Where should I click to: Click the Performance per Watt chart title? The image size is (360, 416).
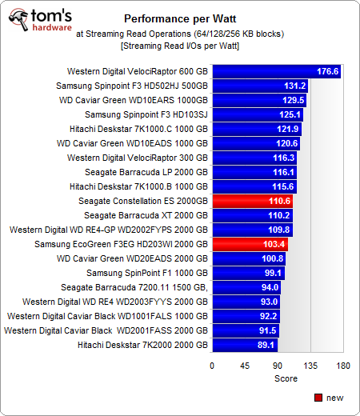pos(179,18)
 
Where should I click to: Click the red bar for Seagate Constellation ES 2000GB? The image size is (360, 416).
pos(252,201)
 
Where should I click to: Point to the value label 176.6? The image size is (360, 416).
pos(328,71)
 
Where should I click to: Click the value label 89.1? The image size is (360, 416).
pos(264,345)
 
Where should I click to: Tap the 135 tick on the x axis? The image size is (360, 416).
pos(310,366)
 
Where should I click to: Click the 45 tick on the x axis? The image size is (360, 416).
pos(245,366)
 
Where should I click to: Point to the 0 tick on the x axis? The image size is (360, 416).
pos(212,366)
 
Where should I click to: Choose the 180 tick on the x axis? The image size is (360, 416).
pos(343,366)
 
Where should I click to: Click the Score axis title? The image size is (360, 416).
pos(277,378)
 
